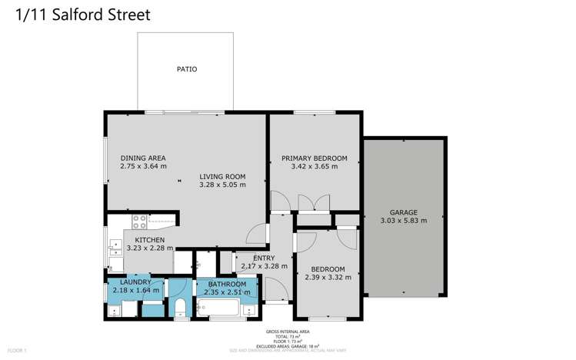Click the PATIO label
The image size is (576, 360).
pos(187,69)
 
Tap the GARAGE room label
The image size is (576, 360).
pos(403,212)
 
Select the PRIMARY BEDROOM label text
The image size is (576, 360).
pos(314,158)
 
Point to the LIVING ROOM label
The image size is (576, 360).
pos(222,175)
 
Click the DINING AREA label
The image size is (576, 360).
pos(143,158)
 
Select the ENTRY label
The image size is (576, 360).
pos(253,257)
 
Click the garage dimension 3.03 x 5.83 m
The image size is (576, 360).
pos(403,221)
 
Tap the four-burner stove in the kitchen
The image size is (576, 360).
pos(140,222)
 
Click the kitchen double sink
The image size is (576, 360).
pos(115,247)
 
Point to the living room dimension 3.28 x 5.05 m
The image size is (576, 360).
pos(222,185)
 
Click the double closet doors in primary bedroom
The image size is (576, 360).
pos(314,202)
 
